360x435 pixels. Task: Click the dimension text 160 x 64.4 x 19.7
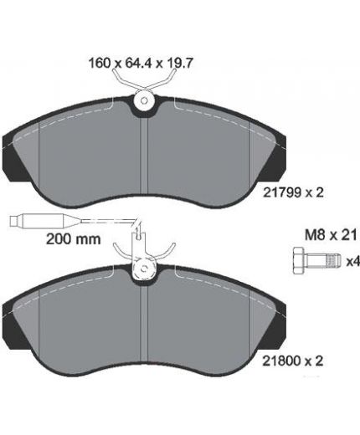(x=141, y=64)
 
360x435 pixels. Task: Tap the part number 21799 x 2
(x=293, y=192)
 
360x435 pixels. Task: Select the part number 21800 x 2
(x=293, y=361)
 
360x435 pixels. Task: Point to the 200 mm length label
(x=73, y=239)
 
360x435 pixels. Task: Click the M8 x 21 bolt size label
(x=331, y=235)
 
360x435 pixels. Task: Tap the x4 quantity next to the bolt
(x=352, y=261)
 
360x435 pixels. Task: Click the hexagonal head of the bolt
(x=299, y=260)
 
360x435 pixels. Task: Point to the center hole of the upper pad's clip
(x=144, y=100)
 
